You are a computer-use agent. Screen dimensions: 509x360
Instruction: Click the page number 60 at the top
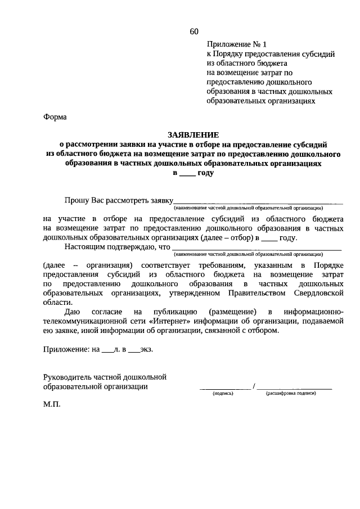(x=194, y=31)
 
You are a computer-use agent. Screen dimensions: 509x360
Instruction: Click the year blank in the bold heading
(x=188, y=174)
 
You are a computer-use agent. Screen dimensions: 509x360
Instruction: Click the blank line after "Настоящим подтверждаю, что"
(x=256, y=248)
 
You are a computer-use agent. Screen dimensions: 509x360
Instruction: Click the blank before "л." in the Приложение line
(x=107, y=350)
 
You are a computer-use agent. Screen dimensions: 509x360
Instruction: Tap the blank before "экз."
(x=134, y=350)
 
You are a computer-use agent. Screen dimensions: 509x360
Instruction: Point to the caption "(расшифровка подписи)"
(x=291, y=394)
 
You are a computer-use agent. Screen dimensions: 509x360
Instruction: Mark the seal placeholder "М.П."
(x=52, y=404)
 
